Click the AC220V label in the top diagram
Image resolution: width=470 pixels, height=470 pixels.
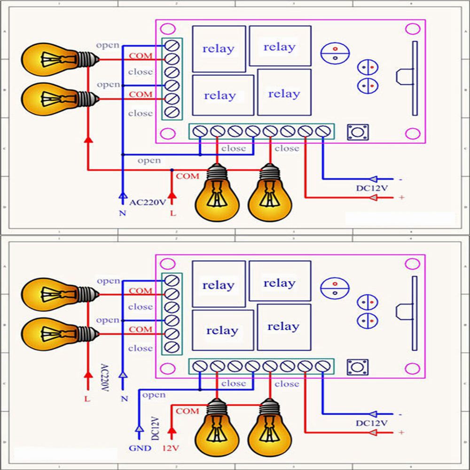pos(148,203)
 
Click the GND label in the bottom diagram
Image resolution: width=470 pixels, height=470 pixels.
pos(140,448)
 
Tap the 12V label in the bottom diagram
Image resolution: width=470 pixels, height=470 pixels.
pos(171,448)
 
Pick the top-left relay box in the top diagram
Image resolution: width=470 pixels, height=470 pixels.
pos(219,49)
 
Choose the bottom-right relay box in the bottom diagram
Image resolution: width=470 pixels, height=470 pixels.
pos(284,327)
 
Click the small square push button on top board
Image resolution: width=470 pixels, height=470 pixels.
pos(358,132)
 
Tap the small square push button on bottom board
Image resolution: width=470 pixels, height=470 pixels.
pos(358,367)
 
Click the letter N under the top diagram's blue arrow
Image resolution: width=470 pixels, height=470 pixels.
pos(122,213)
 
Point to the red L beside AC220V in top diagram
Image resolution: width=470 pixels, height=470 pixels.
pos(172,213)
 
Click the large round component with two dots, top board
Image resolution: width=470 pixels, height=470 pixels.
pos(335,53)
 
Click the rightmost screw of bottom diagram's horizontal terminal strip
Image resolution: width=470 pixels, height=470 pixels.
pos(322,366)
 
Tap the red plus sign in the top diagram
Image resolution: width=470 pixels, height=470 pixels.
pos(401,198)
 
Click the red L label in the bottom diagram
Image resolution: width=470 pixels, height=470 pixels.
pos(87,399)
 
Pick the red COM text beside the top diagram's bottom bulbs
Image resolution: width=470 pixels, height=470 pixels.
pos(188,176)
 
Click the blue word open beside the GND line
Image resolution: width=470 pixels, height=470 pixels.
pos(153,395)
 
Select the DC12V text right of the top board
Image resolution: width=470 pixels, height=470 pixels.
pos(371,188)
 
